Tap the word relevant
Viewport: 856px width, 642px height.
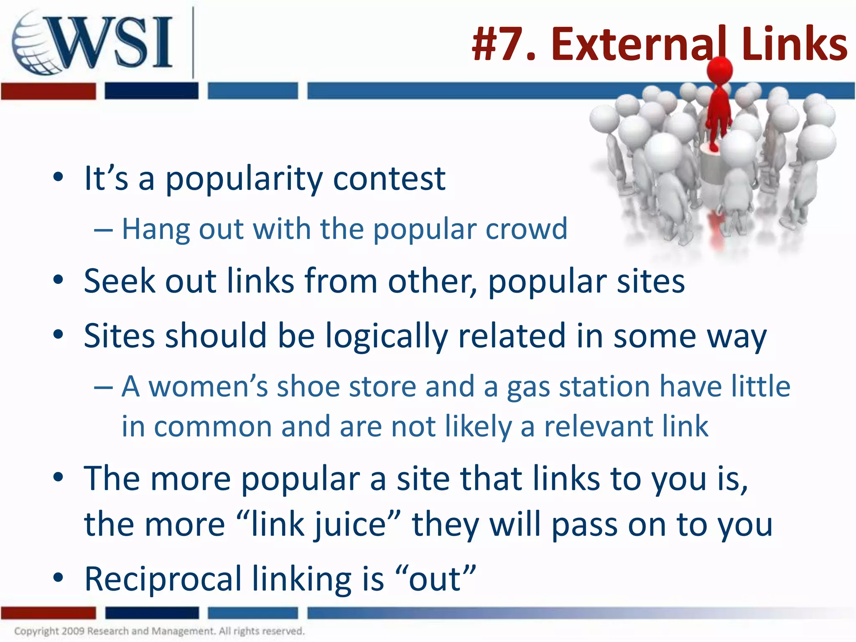pos(598,426)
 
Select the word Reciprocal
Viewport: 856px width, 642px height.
pos(163,579)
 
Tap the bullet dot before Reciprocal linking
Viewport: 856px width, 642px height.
pos(58,578)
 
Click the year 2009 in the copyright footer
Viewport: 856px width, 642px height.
pos(73,631)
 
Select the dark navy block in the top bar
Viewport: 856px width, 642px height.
pos(151,91)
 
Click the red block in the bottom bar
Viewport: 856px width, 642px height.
pos(48,613)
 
